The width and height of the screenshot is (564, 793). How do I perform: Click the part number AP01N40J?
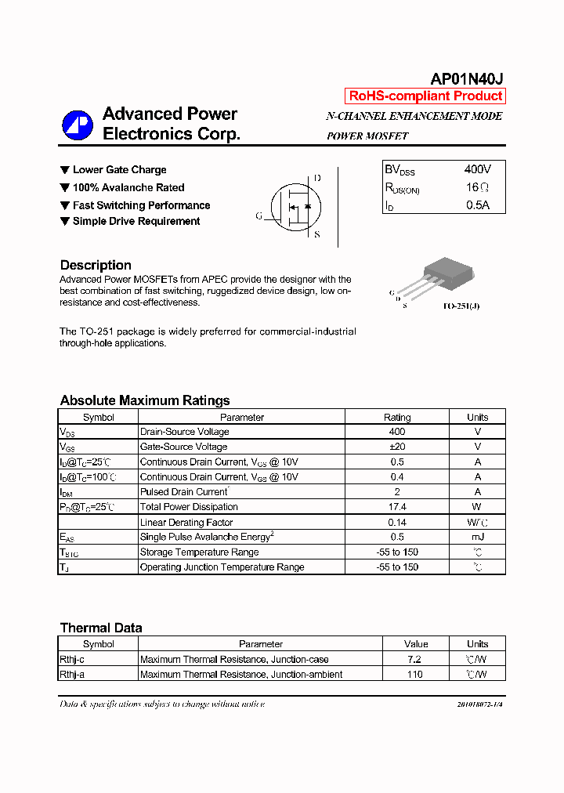[467, 79]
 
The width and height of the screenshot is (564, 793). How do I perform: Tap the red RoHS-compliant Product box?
[425, 96]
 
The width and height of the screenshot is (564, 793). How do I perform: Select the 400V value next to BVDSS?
[478, 169]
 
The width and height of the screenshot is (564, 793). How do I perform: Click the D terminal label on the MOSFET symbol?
[317, 178]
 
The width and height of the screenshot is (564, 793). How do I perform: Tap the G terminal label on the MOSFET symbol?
[258, 216]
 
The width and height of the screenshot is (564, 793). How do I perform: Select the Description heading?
[96, 265]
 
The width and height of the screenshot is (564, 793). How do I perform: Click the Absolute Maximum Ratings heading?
[145, 400]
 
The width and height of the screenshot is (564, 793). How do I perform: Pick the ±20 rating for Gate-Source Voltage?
[397, 447]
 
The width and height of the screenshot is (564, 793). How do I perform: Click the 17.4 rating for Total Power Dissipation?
[397, 507]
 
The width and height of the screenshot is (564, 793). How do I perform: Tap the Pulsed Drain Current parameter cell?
[184, 492]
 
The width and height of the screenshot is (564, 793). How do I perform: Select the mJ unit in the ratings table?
[477, 537]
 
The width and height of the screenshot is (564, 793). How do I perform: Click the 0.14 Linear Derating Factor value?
[397, 522]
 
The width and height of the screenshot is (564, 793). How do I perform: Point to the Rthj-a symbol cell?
[78, 674]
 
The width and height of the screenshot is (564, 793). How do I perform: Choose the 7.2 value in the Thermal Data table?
[415, 659]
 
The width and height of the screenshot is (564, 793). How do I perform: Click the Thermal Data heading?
[101, 628]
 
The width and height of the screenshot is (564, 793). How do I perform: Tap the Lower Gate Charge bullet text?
[119, 170]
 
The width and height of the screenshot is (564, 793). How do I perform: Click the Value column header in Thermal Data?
[416, 644]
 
